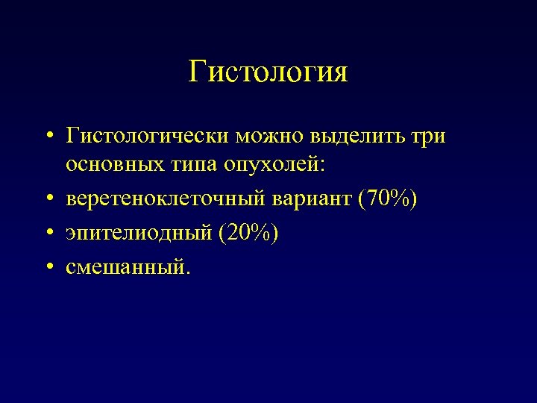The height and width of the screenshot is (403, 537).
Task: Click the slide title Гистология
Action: pyautogui.click(x=268, y=72)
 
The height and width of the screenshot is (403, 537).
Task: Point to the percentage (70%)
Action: pyautogui.click(x=388, y=200)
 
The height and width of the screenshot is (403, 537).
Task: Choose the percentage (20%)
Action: pyautogui.click(x=248, y=234)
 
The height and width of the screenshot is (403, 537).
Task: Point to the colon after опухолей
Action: pyautogui.click(x=322, y=167)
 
